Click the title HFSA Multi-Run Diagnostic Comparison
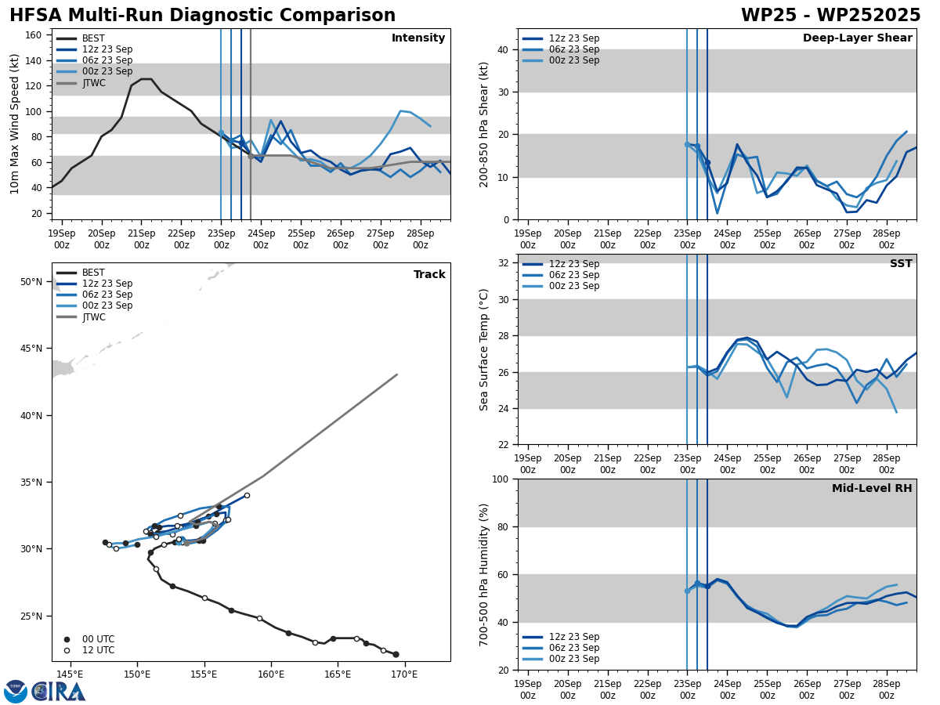(202, 16)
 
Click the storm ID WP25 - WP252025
(830, 16)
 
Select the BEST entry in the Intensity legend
(93, 38)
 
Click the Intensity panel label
(418, 38)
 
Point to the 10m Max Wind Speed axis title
(14, 124)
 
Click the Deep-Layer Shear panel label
(857, 38)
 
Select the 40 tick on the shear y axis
(503, 49)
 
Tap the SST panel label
(900, 264)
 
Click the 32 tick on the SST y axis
(503, 263)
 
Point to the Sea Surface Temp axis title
(484, 349)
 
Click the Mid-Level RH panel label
(871, 489)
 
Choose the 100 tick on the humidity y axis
(500, 479)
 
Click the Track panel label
(429, 275)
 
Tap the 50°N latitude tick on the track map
(31, 282)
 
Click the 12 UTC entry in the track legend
(98, 650)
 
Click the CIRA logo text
(59, 691)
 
